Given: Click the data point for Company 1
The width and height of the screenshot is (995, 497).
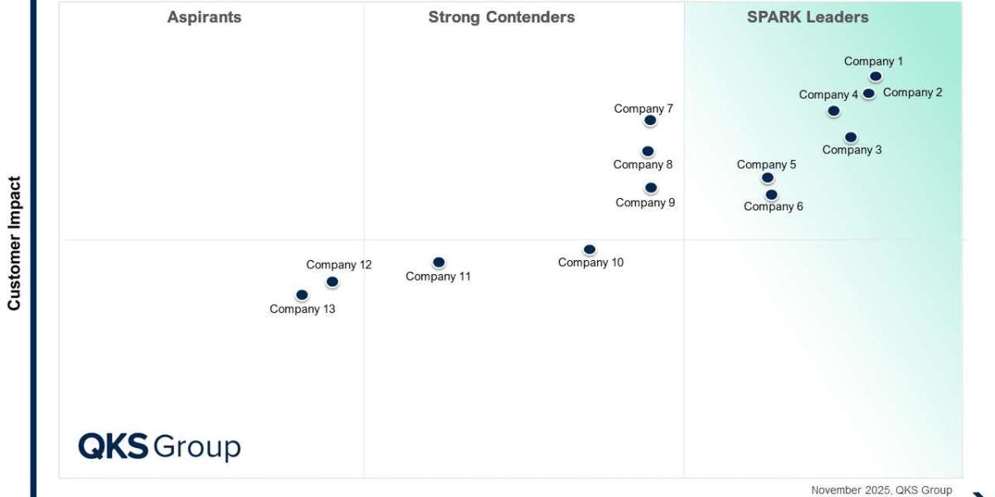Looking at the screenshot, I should coord(876,77).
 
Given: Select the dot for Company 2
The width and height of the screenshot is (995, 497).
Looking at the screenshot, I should coord(869,94).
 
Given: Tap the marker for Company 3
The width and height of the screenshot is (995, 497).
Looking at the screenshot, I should coord(851,138).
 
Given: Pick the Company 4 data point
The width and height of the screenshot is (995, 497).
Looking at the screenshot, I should coord(833,111).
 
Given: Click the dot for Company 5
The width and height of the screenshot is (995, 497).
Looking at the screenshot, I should coord(768,178).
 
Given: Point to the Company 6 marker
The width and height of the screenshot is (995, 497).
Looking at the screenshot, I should coord(771,195).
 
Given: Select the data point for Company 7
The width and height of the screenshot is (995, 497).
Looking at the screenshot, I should coord(650,121).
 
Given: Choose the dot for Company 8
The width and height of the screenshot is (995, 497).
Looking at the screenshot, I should coord(648,152).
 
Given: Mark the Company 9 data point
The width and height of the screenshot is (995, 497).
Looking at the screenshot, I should coord(651,188).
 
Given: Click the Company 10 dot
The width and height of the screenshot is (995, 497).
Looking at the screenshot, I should coord(590,250).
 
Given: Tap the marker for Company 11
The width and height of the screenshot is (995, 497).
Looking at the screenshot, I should coord(439,263).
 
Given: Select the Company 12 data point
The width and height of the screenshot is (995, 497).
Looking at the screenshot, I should coord(332,282).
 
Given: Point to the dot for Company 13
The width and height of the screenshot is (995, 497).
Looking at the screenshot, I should coord(302,295).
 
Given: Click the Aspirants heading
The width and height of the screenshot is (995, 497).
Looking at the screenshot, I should coord(204,17).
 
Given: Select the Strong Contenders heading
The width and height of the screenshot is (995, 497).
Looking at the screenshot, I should coord(501,17).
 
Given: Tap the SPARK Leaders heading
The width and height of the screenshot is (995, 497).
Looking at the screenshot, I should coord(808,17).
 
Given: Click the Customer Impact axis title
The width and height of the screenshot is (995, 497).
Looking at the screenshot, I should coord(14,243).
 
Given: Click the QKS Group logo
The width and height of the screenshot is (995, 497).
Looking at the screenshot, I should coord(159,446).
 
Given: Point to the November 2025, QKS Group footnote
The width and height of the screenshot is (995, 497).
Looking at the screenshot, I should coord(881,490).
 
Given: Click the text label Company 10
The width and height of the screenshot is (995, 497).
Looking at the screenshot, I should coord(590,263).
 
